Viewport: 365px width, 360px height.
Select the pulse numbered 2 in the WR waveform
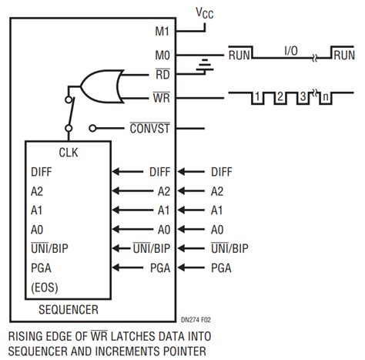(x=280, y=97)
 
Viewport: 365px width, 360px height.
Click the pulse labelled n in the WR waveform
(x=327, y=97)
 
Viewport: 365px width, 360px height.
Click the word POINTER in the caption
(x=186, y=352)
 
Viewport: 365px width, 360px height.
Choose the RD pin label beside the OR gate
(x=162, y=76)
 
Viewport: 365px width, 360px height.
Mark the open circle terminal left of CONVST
(x=92, y=128)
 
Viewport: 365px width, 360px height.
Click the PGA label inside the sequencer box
(x=41, y=267)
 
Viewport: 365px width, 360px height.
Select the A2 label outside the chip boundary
(x=217, y=191)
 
